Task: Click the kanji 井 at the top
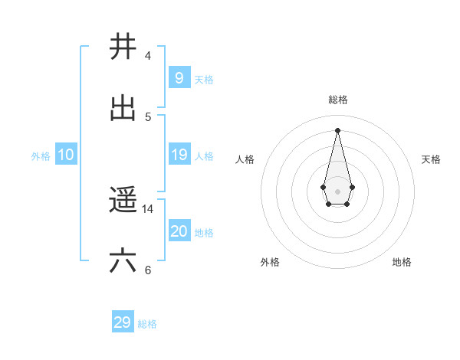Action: (x=123, y=47)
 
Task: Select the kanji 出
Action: (x=123, y=109)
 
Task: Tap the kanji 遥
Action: (x=123, y=201)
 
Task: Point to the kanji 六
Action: (x=123, y=261)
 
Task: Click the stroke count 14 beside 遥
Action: (x=148, y=208)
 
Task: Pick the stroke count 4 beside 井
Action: (x=148, y=55)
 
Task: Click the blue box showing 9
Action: (x=179, y=77)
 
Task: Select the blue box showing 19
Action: (x=179, y=155)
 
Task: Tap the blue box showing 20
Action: (x=179, y=231)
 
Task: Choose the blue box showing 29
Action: (x=123, y=322)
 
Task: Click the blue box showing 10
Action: (x=65, y=155)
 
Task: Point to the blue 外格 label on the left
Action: (x=41, y=156)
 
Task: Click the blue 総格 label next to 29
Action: (x=147, y=324)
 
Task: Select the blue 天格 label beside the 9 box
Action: (x=203, y=79)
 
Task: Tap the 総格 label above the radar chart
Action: (x=338, y=100)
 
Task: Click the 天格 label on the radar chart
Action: (x=431, y=159)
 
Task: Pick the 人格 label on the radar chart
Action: (x=245, y=159)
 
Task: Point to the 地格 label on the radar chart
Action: (x=402, y=262)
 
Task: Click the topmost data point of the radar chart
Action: (x=337, y=129)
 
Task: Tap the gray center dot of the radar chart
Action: (x=337, y=191)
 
